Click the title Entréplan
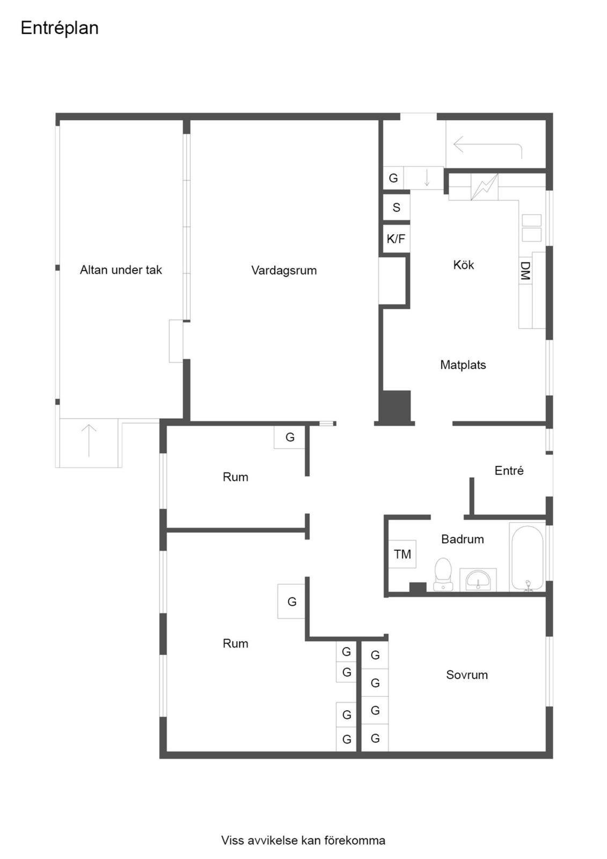(x=60, y=28)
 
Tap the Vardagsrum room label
(x=284, y=271)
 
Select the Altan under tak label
(x=121, y=270)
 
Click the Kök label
(x=463, y=265)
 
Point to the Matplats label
(x=463, y=365)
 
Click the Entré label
(x=509, y=470)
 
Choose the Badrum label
(x=463, y=539)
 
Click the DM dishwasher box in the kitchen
(x=525, y=270)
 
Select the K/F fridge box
(x=396, y=239)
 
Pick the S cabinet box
(x=397, y=207)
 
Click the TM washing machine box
(x=402, y=554)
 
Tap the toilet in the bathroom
(x=443, y=574)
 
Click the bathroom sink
(x=478, y=580)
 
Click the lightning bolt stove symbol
(x=484, y=187)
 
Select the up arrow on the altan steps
(x=89, y=441)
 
